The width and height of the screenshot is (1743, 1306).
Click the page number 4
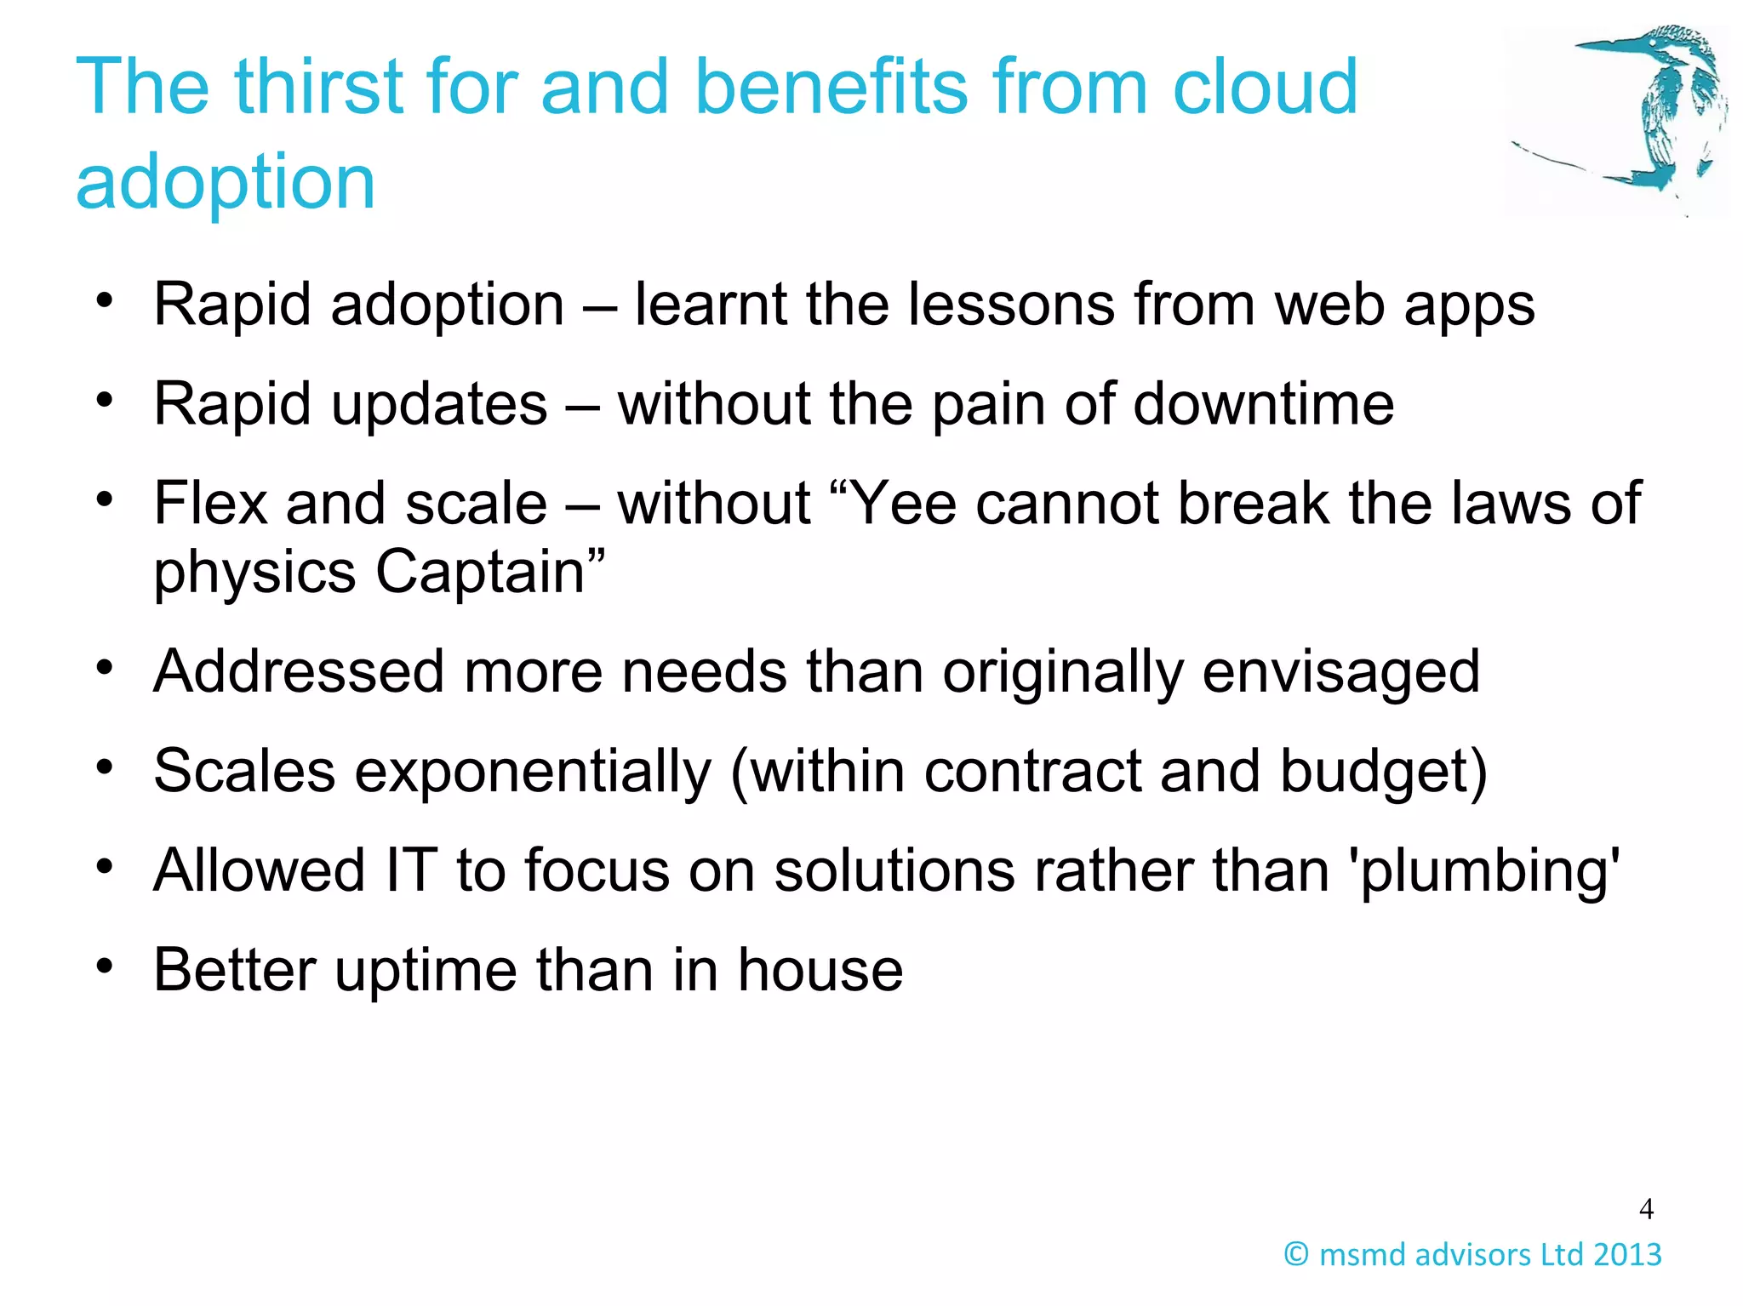(x=1646, y=1209)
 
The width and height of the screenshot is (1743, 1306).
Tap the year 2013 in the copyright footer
(x=1627, y=1255)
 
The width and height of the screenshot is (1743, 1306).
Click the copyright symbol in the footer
(x=1296, y=1255)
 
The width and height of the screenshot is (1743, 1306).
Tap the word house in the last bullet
(x=820, y=970)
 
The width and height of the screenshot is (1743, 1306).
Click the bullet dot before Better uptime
(x=105, y=967)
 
